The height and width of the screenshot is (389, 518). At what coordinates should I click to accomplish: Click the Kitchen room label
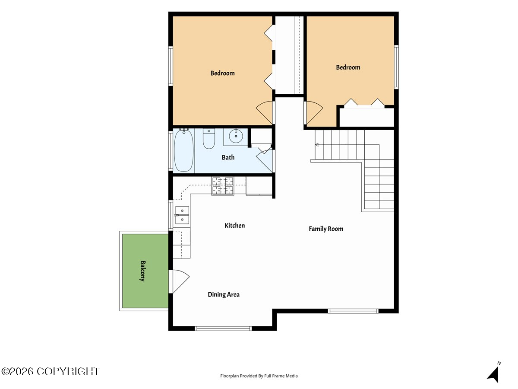(234, 226)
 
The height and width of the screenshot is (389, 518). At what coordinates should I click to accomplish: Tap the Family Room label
(326, 229)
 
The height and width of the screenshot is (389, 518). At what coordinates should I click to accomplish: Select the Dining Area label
(224, 294)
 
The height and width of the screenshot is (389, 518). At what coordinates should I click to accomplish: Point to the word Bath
(228, 157)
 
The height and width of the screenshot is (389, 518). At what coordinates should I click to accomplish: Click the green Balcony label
(143, 271)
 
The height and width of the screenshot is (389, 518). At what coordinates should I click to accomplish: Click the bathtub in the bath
(183, 151)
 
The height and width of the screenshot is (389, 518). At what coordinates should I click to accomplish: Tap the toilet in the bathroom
(209, 139)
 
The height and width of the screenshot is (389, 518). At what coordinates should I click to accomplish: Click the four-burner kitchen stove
(223, 186)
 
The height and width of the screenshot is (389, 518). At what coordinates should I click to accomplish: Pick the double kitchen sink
(182, 215)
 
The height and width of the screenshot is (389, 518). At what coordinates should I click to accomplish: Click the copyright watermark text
(50, 371)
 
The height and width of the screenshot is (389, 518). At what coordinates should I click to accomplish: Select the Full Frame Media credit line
(259, 376)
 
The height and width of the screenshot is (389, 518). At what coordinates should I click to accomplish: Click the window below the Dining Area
(223, 328)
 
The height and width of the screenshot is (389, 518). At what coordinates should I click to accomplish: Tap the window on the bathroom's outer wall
(171, 150)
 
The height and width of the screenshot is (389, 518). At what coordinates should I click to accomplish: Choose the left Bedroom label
(223, 73)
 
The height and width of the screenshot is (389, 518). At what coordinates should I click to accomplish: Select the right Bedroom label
(348, 67)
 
